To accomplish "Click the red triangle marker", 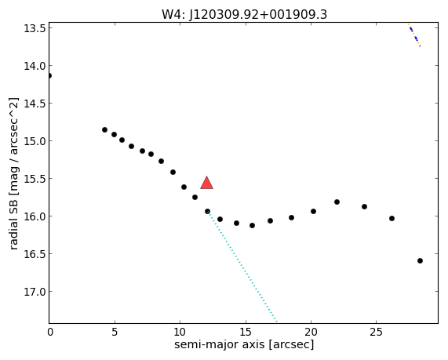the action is (x=206, y=183).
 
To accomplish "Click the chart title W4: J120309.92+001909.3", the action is (x=244, y=14).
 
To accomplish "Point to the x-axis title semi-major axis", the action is (x=220, y=344).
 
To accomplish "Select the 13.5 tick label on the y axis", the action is (x=35, y=28).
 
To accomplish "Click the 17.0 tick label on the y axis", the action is (x=35, y=292).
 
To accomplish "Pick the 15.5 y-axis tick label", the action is (x=35, y=179).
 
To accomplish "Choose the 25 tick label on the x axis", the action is (x=376, y=332).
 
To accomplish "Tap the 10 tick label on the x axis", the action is (x=180, y=332).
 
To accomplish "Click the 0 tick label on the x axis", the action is (x=49, y=332).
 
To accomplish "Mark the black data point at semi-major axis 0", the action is (x=49, y=76).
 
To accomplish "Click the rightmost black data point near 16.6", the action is (x=420, y=260).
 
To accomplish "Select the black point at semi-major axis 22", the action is (x=337, y=202).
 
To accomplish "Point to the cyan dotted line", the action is (x=242, y=267).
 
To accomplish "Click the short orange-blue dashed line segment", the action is (x=414, y=35).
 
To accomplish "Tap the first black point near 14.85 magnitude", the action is (x=104, y=129).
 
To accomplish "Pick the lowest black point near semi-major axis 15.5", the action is (x=252, y=225).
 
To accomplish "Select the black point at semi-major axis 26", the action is (x=392, y=218).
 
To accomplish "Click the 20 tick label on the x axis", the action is (x=311, y=332).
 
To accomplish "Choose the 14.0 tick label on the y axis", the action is (x=35, y=66).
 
